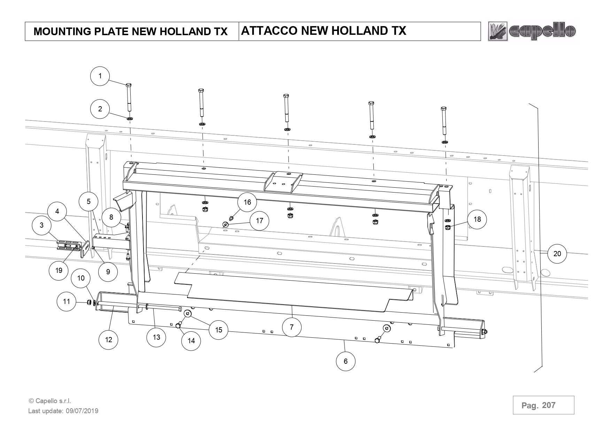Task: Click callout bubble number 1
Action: coord(100,76)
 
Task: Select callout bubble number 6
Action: coord(346,361)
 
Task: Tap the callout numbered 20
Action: coord(557,254)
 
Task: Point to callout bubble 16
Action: coord(247,202)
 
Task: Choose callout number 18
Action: coord(477,219)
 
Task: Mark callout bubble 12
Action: coord(109,339)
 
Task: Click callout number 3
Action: coord(42,225)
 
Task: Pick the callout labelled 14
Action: coord(191,340)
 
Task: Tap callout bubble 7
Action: coord(292,327)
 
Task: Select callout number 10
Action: coord(81,278)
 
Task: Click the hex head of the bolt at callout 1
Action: coord(128,85)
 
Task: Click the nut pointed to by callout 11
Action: coord(89,302)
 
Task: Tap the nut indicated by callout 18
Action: coord(448,227)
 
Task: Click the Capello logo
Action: coord(532,31)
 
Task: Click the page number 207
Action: coord(549,405)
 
